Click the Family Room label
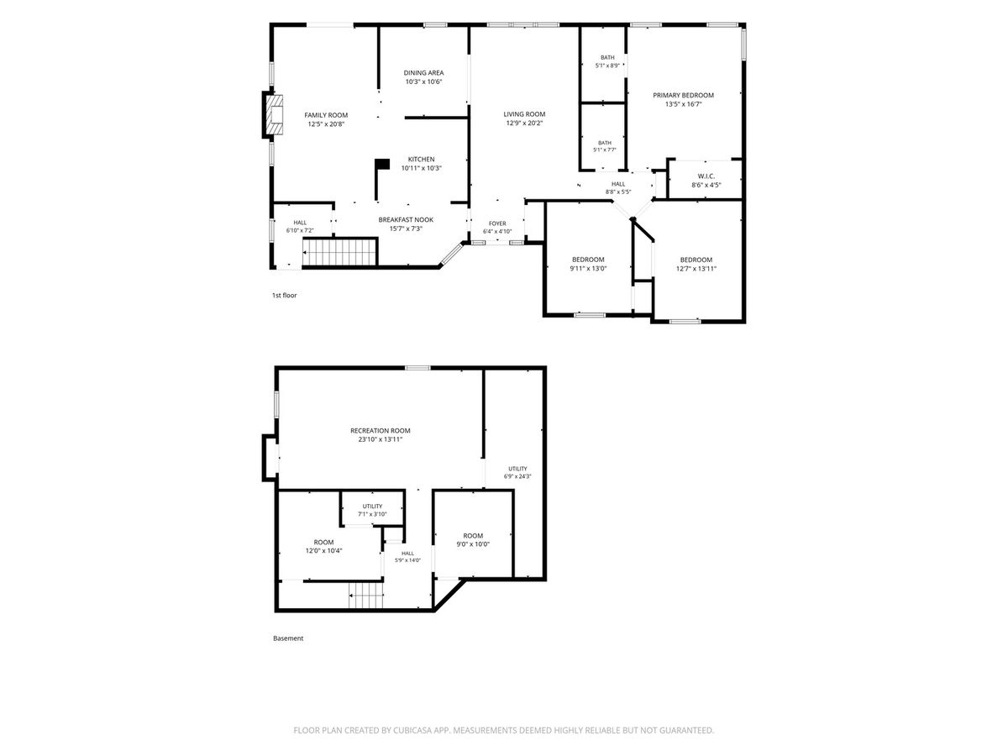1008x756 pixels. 326,115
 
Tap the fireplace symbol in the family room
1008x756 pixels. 274,115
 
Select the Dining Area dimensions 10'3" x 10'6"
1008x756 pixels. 423,81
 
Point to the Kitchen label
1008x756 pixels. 421,160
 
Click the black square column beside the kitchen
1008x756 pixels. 382,165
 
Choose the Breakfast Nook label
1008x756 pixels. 406,220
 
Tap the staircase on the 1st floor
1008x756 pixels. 340,251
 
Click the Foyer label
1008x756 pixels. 497,223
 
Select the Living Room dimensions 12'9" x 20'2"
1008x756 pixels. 524,123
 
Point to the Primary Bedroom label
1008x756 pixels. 683,96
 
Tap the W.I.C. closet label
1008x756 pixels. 706,176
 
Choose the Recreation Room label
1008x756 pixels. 380,431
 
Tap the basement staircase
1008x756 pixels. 365,596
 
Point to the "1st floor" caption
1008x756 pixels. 284,295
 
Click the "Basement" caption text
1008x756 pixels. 288,638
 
